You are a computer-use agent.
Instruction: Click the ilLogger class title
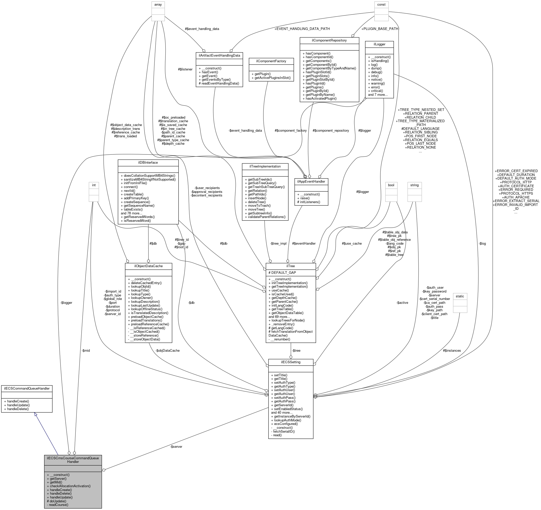coord(379,44)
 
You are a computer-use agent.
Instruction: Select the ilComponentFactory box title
coord(271,61)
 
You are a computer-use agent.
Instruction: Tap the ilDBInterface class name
coord(148,163)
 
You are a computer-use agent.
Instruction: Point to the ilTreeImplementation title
coord(265,166)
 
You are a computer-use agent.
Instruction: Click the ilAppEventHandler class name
coord(311,181)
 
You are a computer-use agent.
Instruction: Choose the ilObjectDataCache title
coord(148,266)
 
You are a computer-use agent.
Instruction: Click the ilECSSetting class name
coord(291,362)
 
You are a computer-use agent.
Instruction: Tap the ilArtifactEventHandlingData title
coord(219,56)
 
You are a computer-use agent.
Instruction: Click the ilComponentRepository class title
coord(329,40)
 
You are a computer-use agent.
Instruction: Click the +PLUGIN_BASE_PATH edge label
coord(380,29)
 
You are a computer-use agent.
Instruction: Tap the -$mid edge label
coord(85,350)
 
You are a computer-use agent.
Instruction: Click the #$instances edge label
coord(452,350)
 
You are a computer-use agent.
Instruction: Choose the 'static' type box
coord(460,296)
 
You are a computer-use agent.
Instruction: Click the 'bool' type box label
coord(391,185)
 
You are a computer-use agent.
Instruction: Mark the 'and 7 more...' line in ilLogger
coord(378,95)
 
